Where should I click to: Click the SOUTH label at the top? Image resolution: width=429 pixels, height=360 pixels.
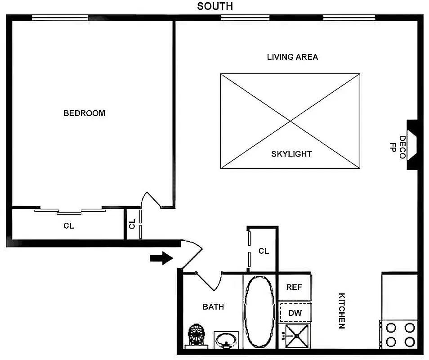point(215,6)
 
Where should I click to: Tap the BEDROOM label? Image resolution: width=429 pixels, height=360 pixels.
point(85,113)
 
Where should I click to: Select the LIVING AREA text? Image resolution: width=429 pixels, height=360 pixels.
point(292,57)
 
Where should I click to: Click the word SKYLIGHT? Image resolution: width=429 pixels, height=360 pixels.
point(291,154)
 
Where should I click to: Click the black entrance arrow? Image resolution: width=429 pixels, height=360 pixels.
point(161,258)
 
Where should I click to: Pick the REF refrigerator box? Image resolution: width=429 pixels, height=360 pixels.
point(294,287)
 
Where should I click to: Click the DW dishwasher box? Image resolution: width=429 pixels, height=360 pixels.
point(295,313)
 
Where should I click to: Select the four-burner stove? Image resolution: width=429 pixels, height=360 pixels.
point(398,334)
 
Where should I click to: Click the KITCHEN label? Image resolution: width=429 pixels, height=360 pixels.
point(341,311)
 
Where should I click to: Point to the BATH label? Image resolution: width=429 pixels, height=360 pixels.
point(213,307)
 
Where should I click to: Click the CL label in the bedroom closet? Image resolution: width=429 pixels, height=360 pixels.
point(69,226)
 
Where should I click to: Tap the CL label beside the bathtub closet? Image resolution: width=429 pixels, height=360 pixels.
point(264,251)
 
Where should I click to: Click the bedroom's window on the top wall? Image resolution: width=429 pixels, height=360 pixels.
point(60,18)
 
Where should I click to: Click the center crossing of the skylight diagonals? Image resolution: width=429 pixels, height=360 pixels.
point(290,121)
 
